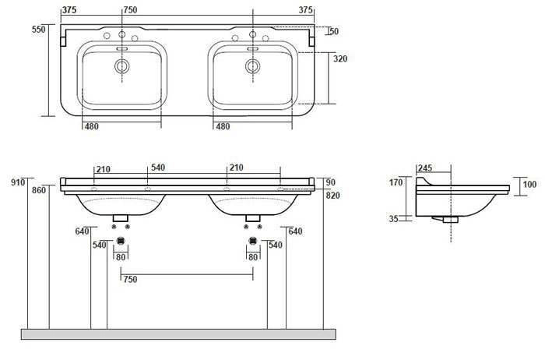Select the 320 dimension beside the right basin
[x=341, y=58]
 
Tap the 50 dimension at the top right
[x=334, y=31]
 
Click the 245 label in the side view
[x=424, y=167]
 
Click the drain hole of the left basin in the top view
[x=121, y=68]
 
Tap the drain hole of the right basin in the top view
[x=251, y=68]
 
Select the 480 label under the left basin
[x=92, y=126]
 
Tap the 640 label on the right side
[x=295, y=231]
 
